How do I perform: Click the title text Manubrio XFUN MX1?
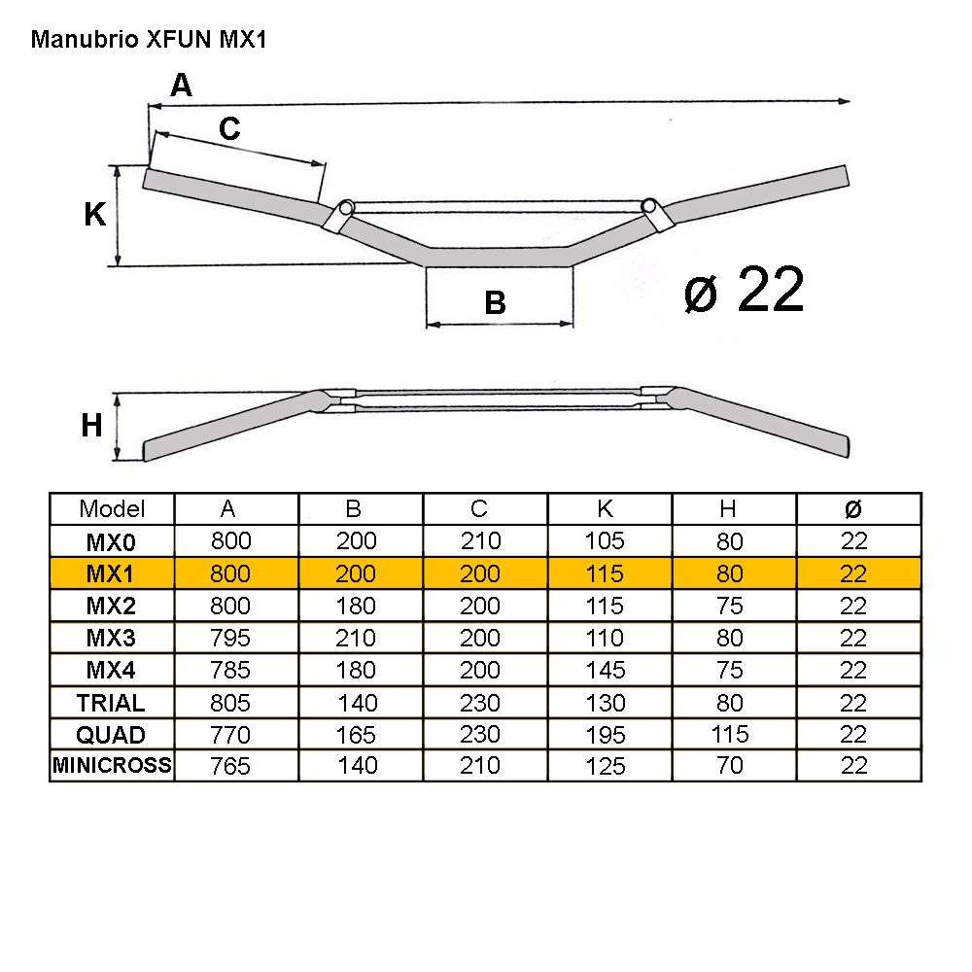click(149, 41)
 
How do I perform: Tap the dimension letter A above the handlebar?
click(182, 86)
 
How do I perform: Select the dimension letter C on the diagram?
click(229, 128)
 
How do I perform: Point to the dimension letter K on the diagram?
click(94, 215)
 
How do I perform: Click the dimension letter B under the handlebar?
click(495, 304)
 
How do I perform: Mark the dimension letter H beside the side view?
click(91, 426)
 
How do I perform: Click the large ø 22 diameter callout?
click(744, 290)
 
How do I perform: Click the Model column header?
click(112, 508)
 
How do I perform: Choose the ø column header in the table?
click(852, 508)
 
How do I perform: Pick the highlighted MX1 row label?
click(112, 573)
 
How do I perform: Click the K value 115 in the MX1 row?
click(605, 573)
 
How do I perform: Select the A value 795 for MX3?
click(229, 639)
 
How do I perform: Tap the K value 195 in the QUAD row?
click(605, 735)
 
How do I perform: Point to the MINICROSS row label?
click(112, 766)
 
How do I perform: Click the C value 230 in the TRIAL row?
click(479, 703)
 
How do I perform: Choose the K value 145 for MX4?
click(605, 671)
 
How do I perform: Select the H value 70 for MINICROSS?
click(729, 766)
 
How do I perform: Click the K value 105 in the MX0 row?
click(605, 540)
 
